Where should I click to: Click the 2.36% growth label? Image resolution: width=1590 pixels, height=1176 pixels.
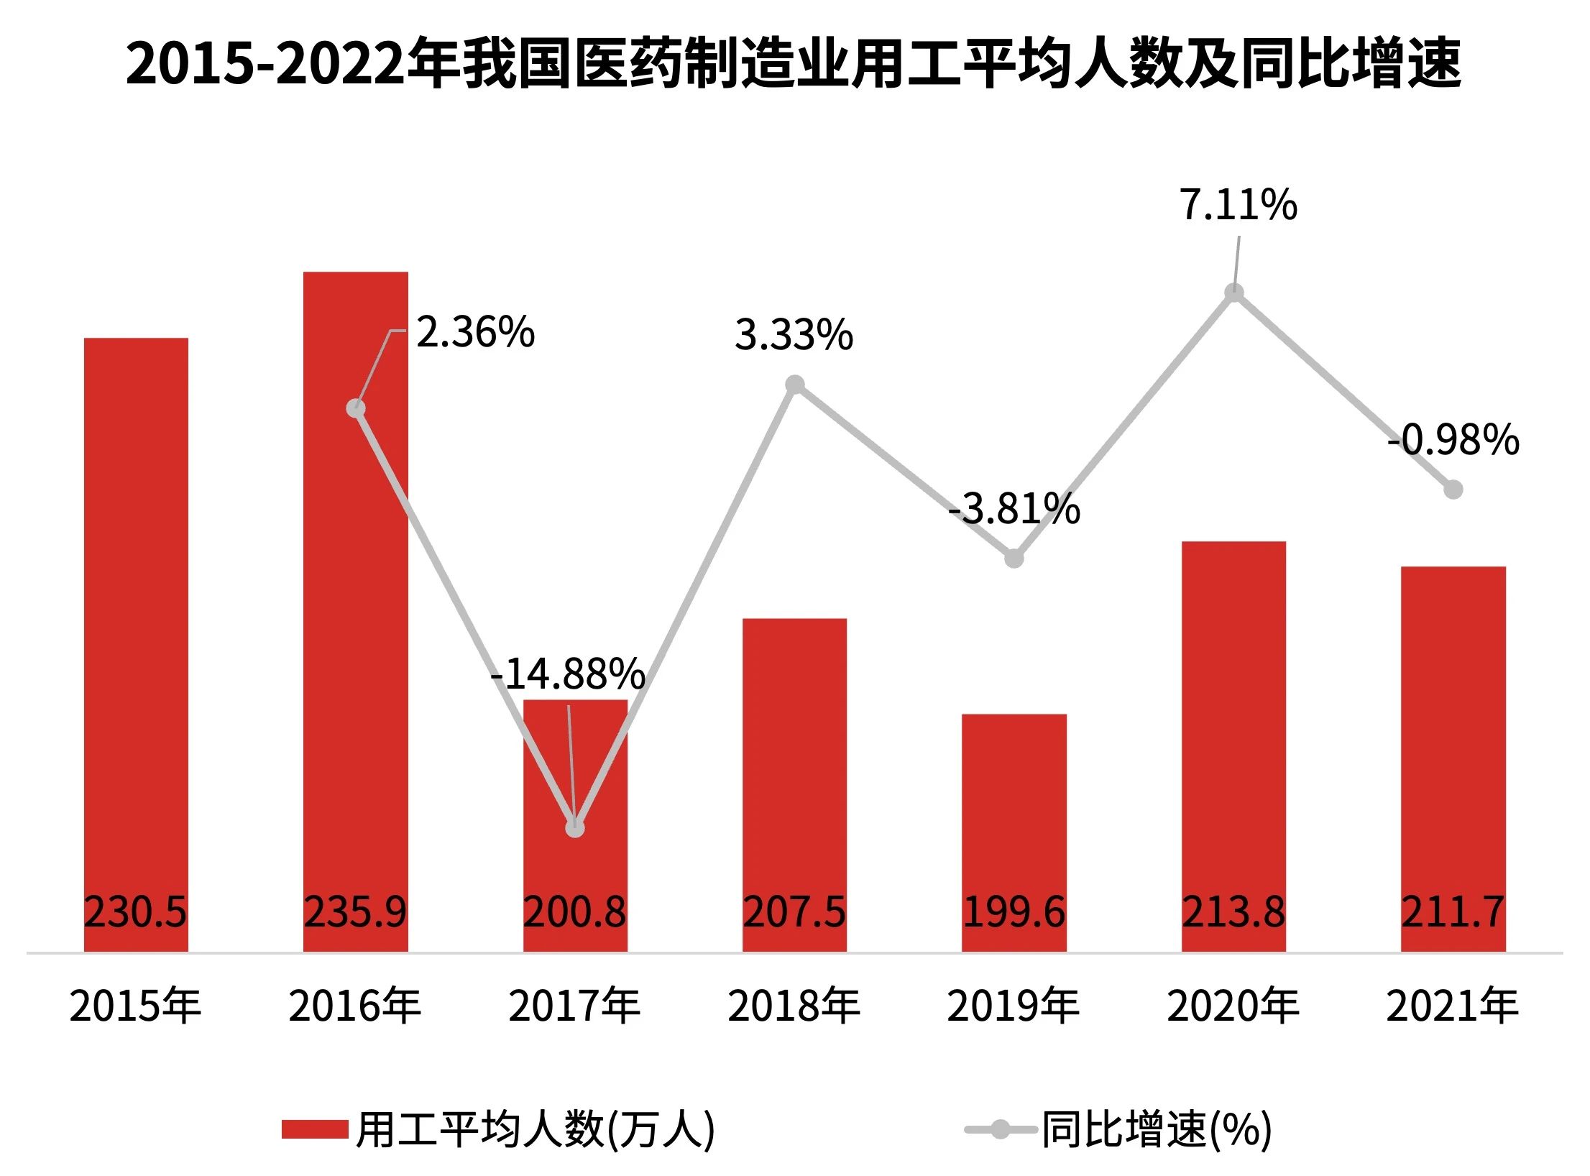(475, 333)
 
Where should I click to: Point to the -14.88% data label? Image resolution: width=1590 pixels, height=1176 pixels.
(568, 674)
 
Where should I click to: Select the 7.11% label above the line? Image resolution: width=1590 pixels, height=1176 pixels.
(1238, 205)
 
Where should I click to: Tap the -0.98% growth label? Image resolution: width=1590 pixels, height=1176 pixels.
(1453, 440)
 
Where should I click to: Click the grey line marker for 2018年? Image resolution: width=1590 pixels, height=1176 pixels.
(794, 385)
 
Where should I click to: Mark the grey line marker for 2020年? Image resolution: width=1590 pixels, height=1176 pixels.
(1234, 293)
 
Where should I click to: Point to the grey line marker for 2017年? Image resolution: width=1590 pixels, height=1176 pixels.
(575, 828)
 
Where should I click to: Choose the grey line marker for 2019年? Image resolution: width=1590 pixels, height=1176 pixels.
(1014, 559)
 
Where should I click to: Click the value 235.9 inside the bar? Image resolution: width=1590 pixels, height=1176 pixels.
(355, 912)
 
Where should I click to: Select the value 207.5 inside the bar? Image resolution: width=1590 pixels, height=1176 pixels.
(794, 912)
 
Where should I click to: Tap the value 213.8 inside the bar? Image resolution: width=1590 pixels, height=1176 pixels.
(1233, 912)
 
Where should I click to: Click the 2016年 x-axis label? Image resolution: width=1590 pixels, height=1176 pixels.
(355, 1006)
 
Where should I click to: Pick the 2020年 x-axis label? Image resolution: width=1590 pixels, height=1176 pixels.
(1233, 1006)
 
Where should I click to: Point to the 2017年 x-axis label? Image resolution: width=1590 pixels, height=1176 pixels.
(575, 1006)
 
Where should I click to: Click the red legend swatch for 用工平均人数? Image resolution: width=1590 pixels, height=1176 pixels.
(315, 1129)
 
